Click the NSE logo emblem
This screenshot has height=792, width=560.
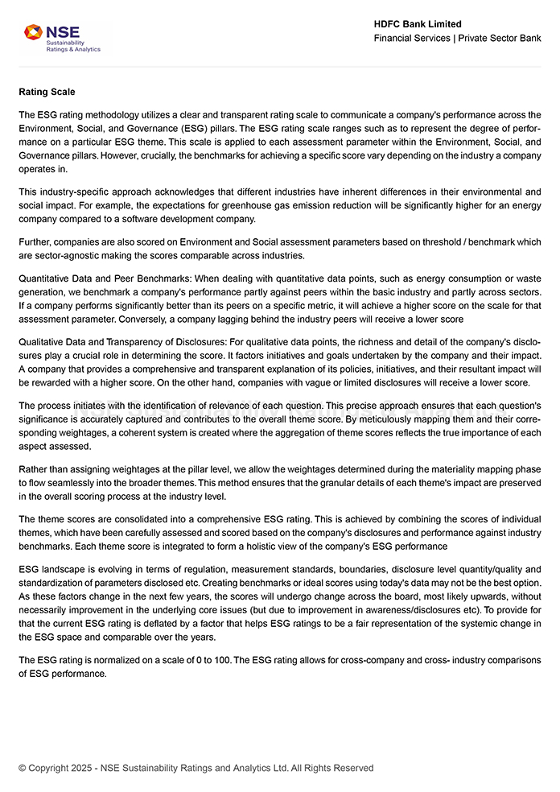coord(33,33)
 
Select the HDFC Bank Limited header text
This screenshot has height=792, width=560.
coord(418,24)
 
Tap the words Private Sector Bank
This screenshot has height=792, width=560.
coord(500,38)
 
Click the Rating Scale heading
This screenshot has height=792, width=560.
coord(47,92)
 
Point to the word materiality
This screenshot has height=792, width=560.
coord(422,469)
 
